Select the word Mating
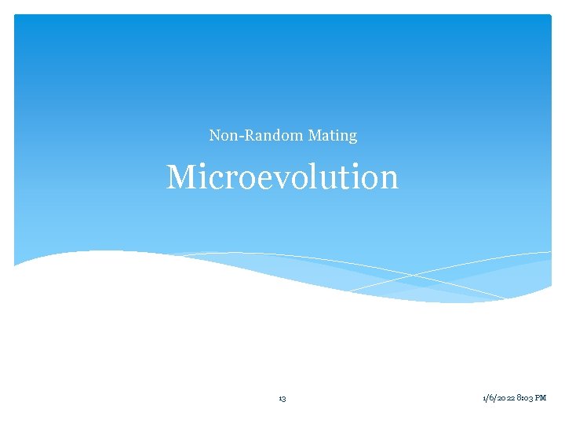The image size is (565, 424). [x=333, y=135]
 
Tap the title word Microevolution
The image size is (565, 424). [x=282, y=177]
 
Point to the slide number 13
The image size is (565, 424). [x=282, y=399]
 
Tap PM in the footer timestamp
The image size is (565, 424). [x=541, y=399]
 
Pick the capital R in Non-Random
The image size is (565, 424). [x=249, y=135]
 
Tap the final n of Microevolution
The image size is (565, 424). [x=389, y=180]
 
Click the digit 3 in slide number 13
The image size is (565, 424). [x=284, y=399]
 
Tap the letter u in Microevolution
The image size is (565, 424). [x=337, y=180]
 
